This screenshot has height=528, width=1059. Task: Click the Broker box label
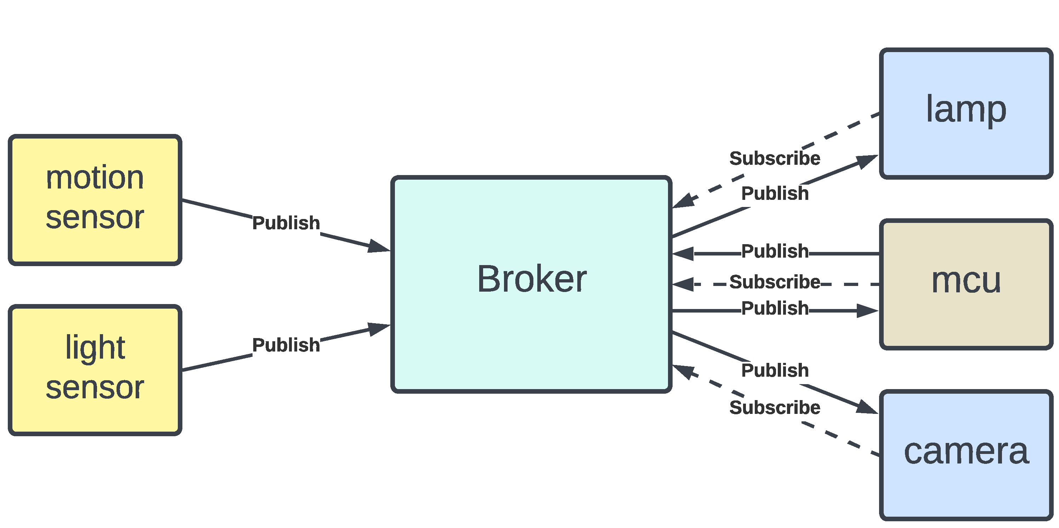coord(532,279)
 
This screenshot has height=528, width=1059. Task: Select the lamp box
coord(966,113)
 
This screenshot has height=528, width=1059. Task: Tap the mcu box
coord(966,284)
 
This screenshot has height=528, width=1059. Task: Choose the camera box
coord(966,454)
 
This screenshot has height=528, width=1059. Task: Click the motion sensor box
coord(95,200)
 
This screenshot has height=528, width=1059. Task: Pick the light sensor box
coord(95,370)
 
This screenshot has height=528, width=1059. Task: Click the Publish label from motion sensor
coord(286,223)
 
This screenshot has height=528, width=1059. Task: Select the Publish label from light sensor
coord(286,345)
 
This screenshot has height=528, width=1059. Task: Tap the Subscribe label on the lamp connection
coord(775,158)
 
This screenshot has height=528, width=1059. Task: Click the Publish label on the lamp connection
coord(775,193)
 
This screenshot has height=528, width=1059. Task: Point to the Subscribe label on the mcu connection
coord(775,282)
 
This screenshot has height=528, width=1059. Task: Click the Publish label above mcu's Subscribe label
coord(775,251)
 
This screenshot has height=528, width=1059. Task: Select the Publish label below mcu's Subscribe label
coord(775,308)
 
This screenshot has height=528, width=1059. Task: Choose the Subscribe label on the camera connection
coord(775,408)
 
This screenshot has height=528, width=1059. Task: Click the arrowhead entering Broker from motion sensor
coord(379,247)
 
